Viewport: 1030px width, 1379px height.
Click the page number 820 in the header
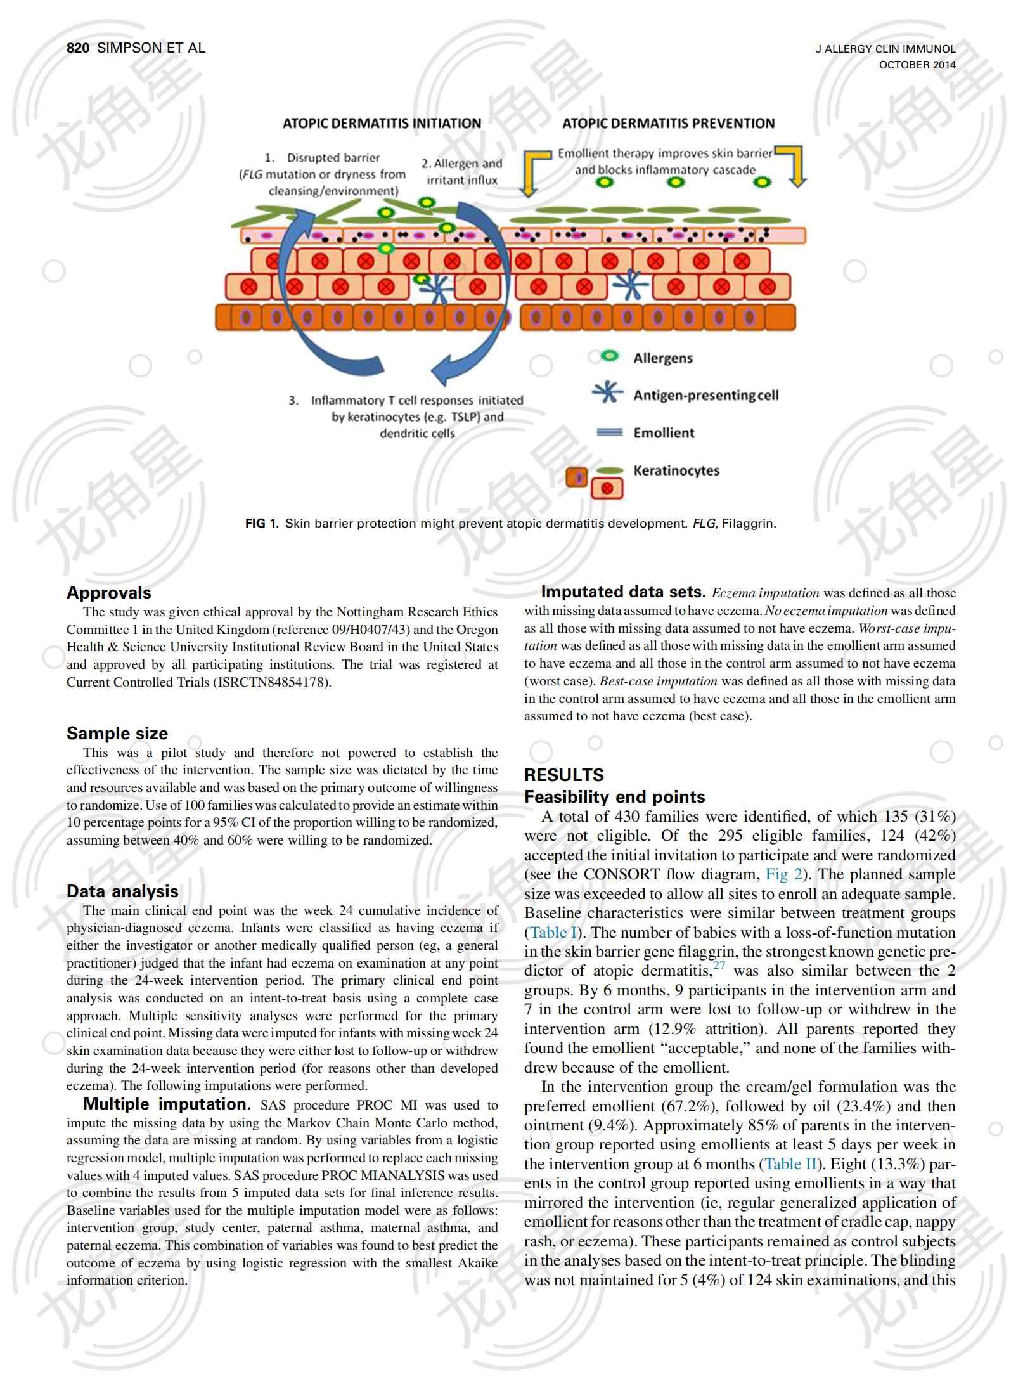pyautogui.click(x=79, y=48)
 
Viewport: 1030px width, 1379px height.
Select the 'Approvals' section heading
pyautogui.click(x=109, y=593)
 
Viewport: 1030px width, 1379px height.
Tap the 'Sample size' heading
pyautogui.click(x=117, y=734)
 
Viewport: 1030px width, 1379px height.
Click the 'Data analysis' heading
pyautogui.click(x=122, y=891)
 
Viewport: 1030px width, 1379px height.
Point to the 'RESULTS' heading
pyautogui.click(x=563, y=775)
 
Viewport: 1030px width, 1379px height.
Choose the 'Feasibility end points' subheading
pyautogui.click(x=614, y=797)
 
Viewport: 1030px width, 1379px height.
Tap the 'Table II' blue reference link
pyautogui.click(x=790, y=1164)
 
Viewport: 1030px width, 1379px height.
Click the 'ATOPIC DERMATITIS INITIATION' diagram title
pyautogui.click(x=382, y=124)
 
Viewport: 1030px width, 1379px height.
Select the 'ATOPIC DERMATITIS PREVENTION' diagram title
pyautogui.click(x=668, y=124)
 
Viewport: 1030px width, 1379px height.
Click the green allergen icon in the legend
pyautogui.click(x=609, y=357)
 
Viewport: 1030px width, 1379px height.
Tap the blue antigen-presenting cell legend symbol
pyautogui.click(x=608, y=394)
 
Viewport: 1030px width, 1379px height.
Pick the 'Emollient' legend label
pyautogui.click(x=664, y=433)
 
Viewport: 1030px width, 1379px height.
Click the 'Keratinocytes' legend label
pyautogui.click(x=676, y=470)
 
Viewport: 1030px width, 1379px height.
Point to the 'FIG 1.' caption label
pyautogui.click(x=261, y=524)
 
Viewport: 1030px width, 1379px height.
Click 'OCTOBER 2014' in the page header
pyautogui.click(x=917, y=65)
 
